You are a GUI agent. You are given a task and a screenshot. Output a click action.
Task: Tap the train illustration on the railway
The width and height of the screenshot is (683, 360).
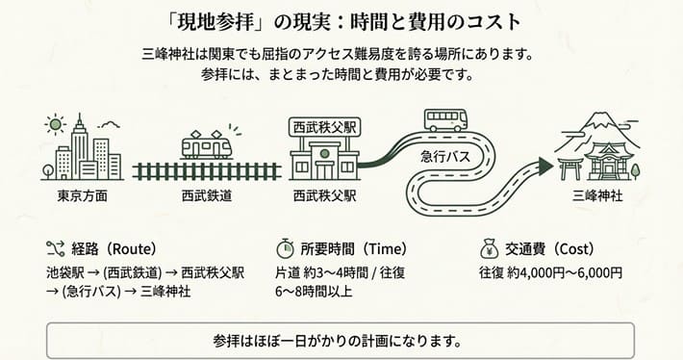pyautogui.click(x=207, y=146)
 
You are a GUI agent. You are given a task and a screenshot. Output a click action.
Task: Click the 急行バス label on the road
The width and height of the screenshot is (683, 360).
pyautogui.click(x=444, y=155)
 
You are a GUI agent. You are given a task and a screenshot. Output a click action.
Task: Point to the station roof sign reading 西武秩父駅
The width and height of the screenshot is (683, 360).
pyautogui.click(x=324, y=126)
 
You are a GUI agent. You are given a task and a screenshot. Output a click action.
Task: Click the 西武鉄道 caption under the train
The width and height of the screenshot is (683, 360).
pyautogui.click(x=207, y=196)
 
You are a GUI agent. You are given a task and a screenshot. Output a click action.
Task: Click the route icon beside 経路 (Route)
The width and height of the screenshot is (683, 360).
pyautogui.click(x=54, y=245)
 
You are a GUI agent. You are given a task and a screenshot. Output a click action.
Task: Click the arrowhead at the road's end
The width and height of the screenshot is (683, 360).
pyautogui.click(x=544, y=167)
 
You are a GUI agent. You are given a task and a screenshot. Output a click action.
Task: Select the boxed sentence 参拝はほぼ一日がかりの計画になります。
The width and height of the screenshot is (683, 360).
pyautogui.click(x=341, y=341)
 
